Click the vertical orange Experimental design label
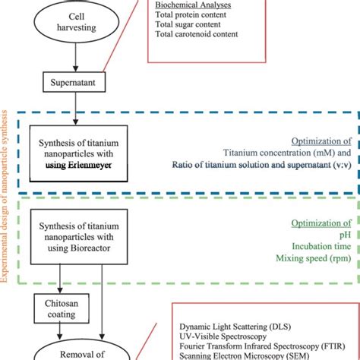point(8,190)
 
